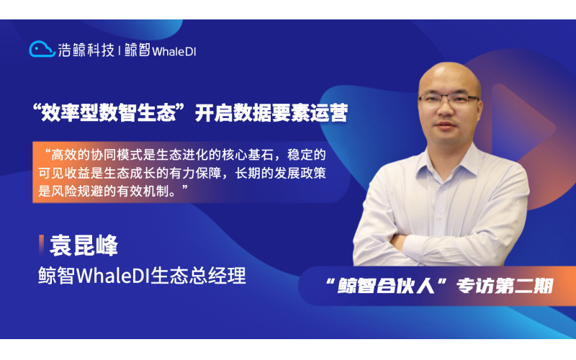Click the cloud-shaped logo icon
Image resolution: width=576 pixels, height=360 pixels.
42,49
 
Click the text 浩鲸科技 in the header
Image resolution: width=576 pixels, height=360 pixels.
86,50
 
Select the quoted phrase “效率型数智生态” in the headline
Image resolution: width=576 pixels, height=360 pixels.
114,114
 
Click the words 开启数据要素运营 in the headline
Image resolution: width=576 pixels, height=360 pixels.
273,114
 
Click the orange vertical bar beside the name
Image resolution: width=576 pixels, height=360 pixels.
41,245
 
